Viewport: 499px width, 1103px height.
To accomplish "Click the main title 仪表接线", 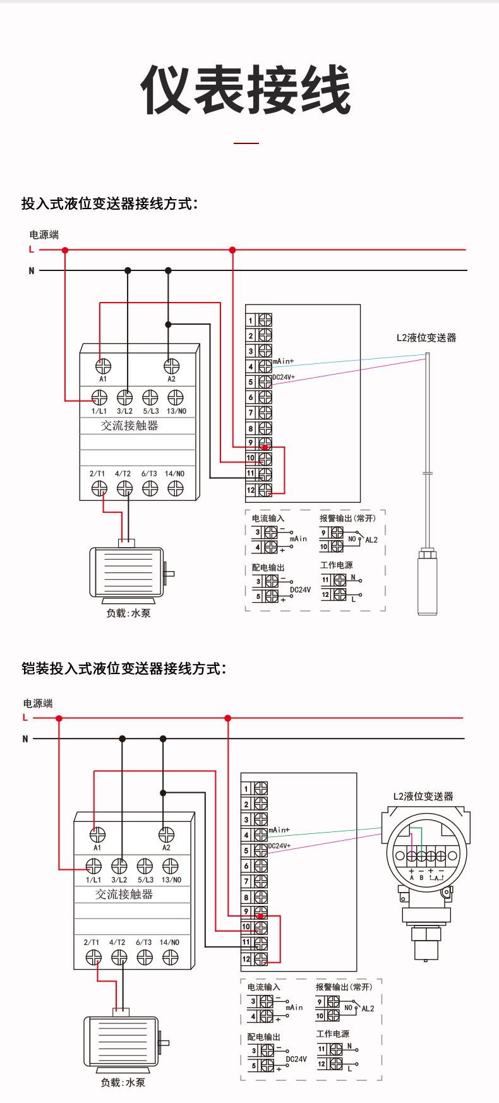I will pyautogui.click(x=246, y=90).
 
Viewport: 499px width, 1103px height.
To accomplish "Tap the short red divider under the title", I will pyautogui.click(x=246, y=143).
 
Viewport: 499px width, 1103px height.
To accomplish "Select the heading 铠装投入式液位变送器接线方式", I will pyautogui.click(x=123, y=668).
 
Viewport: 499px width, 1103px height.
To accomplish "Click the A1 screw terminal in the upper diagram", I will pyautogui.click(x=103, y=366).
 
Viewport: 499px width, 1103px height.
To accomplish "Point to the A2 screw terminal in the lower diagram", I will pyautogui.click(x=166, y=835).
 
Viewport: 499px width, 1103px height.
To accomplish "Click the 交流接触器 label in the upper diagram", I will pyautogui.click(x=129, y=426).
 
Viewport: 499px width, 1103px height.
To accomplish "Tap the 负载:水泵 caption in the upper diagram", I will pyautogui.click(x=128, y=613).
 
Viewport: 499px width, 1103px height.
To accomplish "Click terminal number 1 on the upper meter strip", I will pyautogui.click(x=251, y=321).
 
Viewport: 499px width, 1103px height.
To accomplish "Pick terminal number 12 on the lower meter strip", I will pyautogui.click(x=246, y=959).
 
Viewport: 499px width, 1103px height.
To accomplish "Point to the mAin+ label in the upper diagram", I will pyautogui.click(x=283, y=361).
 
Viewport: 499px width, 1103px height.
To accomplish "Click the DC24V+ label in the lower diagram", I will pyautogui.click(x=279, y=845).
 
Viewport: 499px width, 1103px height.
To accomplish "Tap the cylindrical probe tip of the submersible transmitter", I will pyautogui.click(x=427, y=582).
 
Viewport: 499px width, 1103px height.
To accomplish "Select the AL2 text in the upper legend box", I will pyautogui.click(x=371, y=540).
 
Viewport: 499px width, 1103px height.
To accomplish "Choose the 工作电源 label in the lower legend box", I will pyautogui.click(x=332, y=1034).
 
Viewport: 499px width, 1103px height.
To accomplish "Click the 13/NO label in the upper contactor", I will pyautogui.click(x=176, y=411).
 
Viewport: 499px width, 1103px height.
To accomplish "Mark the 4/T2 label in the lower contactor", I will pyautogui.click(x=117, y=943).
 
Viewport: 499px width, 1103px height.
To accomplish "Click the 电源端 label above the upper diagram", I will pyautogui.click(x=44, y=234).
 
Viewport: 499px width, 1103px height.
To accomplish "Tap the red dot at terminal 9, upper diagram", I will pyautogui.click(x=265, y=447).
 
